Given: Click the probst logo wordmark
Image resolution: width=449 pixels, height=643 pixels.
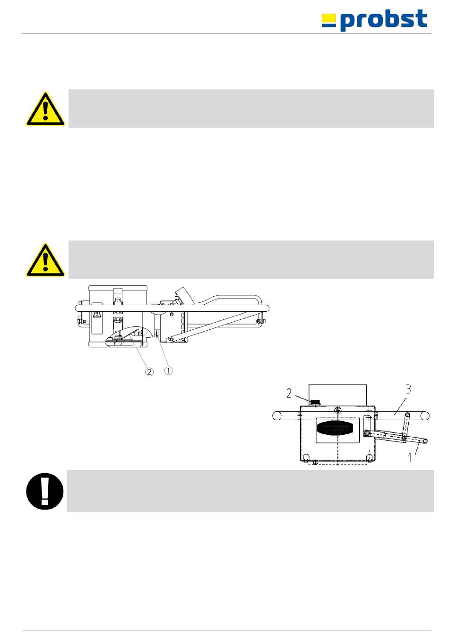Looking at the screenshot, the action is [384, 20].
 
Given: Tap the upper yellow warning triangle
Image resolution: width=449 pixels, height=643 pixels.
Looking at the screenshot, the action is [45, 109].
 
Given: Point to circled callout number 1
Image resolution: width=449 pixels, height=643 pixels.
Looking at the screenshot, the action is [168, 370].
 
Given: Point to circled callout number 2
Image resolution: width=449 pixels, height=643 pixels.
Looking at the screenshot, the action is [149, 371].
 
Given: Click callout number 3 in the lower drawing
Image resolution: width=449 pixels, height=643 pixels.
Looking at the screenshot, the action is [408, 390].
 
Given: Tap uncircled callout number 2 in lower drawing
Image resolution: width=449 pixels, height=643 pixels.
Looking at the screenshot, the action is [289, 393].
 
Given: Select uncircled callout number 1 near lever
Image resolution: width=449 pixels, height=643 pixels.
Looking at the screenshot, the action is [409, 458].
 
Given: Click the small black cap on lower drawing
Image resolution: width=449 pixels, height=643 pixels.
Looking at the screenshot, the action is [315, 402].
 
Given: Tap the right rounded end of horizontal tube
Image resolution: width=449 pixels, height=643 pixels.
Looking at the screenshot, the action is [425, 415].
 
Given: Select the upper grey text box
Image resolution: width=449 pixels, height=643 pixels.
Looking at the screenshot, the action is [251, 108].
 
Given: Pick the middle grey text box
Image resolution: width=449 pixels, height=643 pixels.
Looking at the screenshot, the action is [251, 259].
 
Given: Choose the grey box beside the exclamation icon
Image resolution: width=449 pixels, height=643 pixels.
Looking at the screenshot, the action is [250, 491].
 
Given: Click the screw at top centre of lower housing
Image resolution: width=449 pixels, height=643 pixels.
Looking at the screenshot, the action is [337, 410].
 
